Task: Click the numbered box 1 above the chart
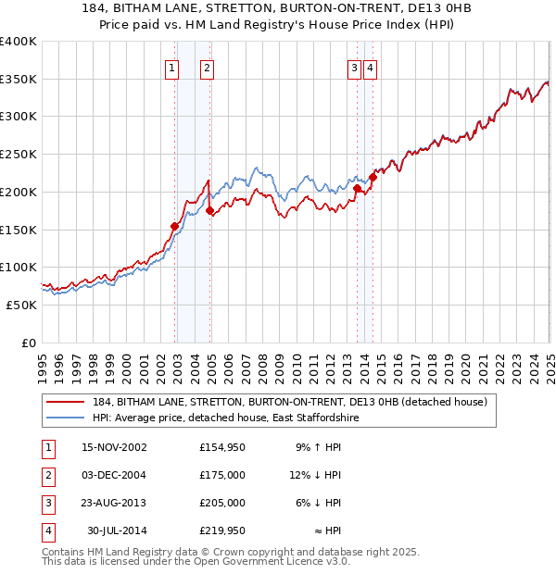[x=171, y=67]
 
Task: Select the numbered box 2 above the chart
[x=206, y=67]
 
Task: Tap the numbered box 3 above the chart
[x=354, y=67]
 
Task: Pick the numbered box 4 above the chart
[x=370, y=67]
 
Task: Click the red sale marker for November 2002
[x=174, y=226]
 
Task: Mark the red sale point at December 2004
[x=209, y=210]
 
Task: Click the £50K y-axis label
[x=21, y=305]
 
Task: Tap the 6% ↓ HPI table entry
[x=319, y=503]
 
